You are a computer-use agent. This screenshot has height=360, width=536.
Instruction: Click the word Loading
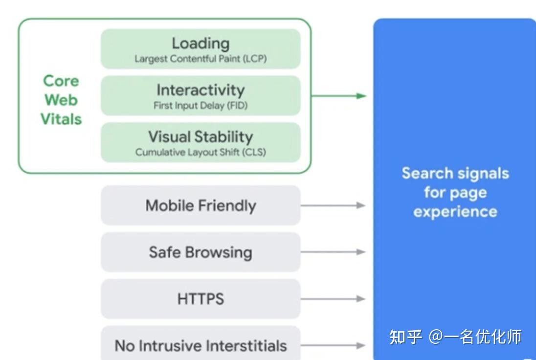201,44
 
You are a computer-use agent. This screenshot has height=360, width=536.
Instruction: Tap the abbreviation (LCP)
255,59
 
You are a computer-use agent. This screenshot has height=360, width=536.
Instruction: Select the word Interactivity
201,90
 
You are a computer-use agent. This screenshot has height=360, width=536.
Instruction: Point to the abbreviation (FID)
237,105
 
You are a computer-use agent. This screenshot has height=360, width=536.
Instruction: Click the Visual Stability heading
201,137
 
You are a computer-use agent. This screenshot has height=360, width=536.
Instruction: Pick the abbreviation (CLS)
254,152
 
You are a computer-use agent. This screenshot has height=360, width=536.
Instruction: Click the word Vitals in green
61,119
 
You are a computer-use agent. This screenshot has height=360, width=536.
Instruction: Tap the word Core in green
61,81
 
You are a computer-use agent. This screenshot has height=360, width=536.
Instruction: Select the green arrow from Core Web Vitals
339,96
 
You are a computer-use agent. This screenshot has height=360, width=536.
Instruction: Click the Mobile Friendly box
201,205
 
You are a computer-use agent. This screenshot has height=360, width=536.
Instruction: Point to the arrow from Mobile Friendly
333,205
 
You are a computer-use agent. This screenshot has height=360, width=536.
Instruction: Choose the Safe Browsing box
201,252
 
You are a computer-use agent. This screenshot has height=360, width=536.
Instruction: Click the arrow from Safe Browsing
333,252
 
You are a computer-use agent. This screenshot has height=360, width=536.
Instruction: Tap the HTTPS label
201,299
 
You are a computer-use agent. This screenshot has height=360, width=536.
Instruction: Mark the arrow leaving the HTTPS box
333,299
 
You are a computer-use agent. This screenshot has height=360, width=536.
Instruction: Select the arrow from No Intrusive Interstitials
333,345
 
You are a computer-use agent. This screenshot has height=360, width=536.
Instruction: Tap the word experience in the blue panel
455,212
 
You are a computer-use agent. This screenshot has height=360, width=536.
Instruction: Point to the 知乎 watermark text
406,337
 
